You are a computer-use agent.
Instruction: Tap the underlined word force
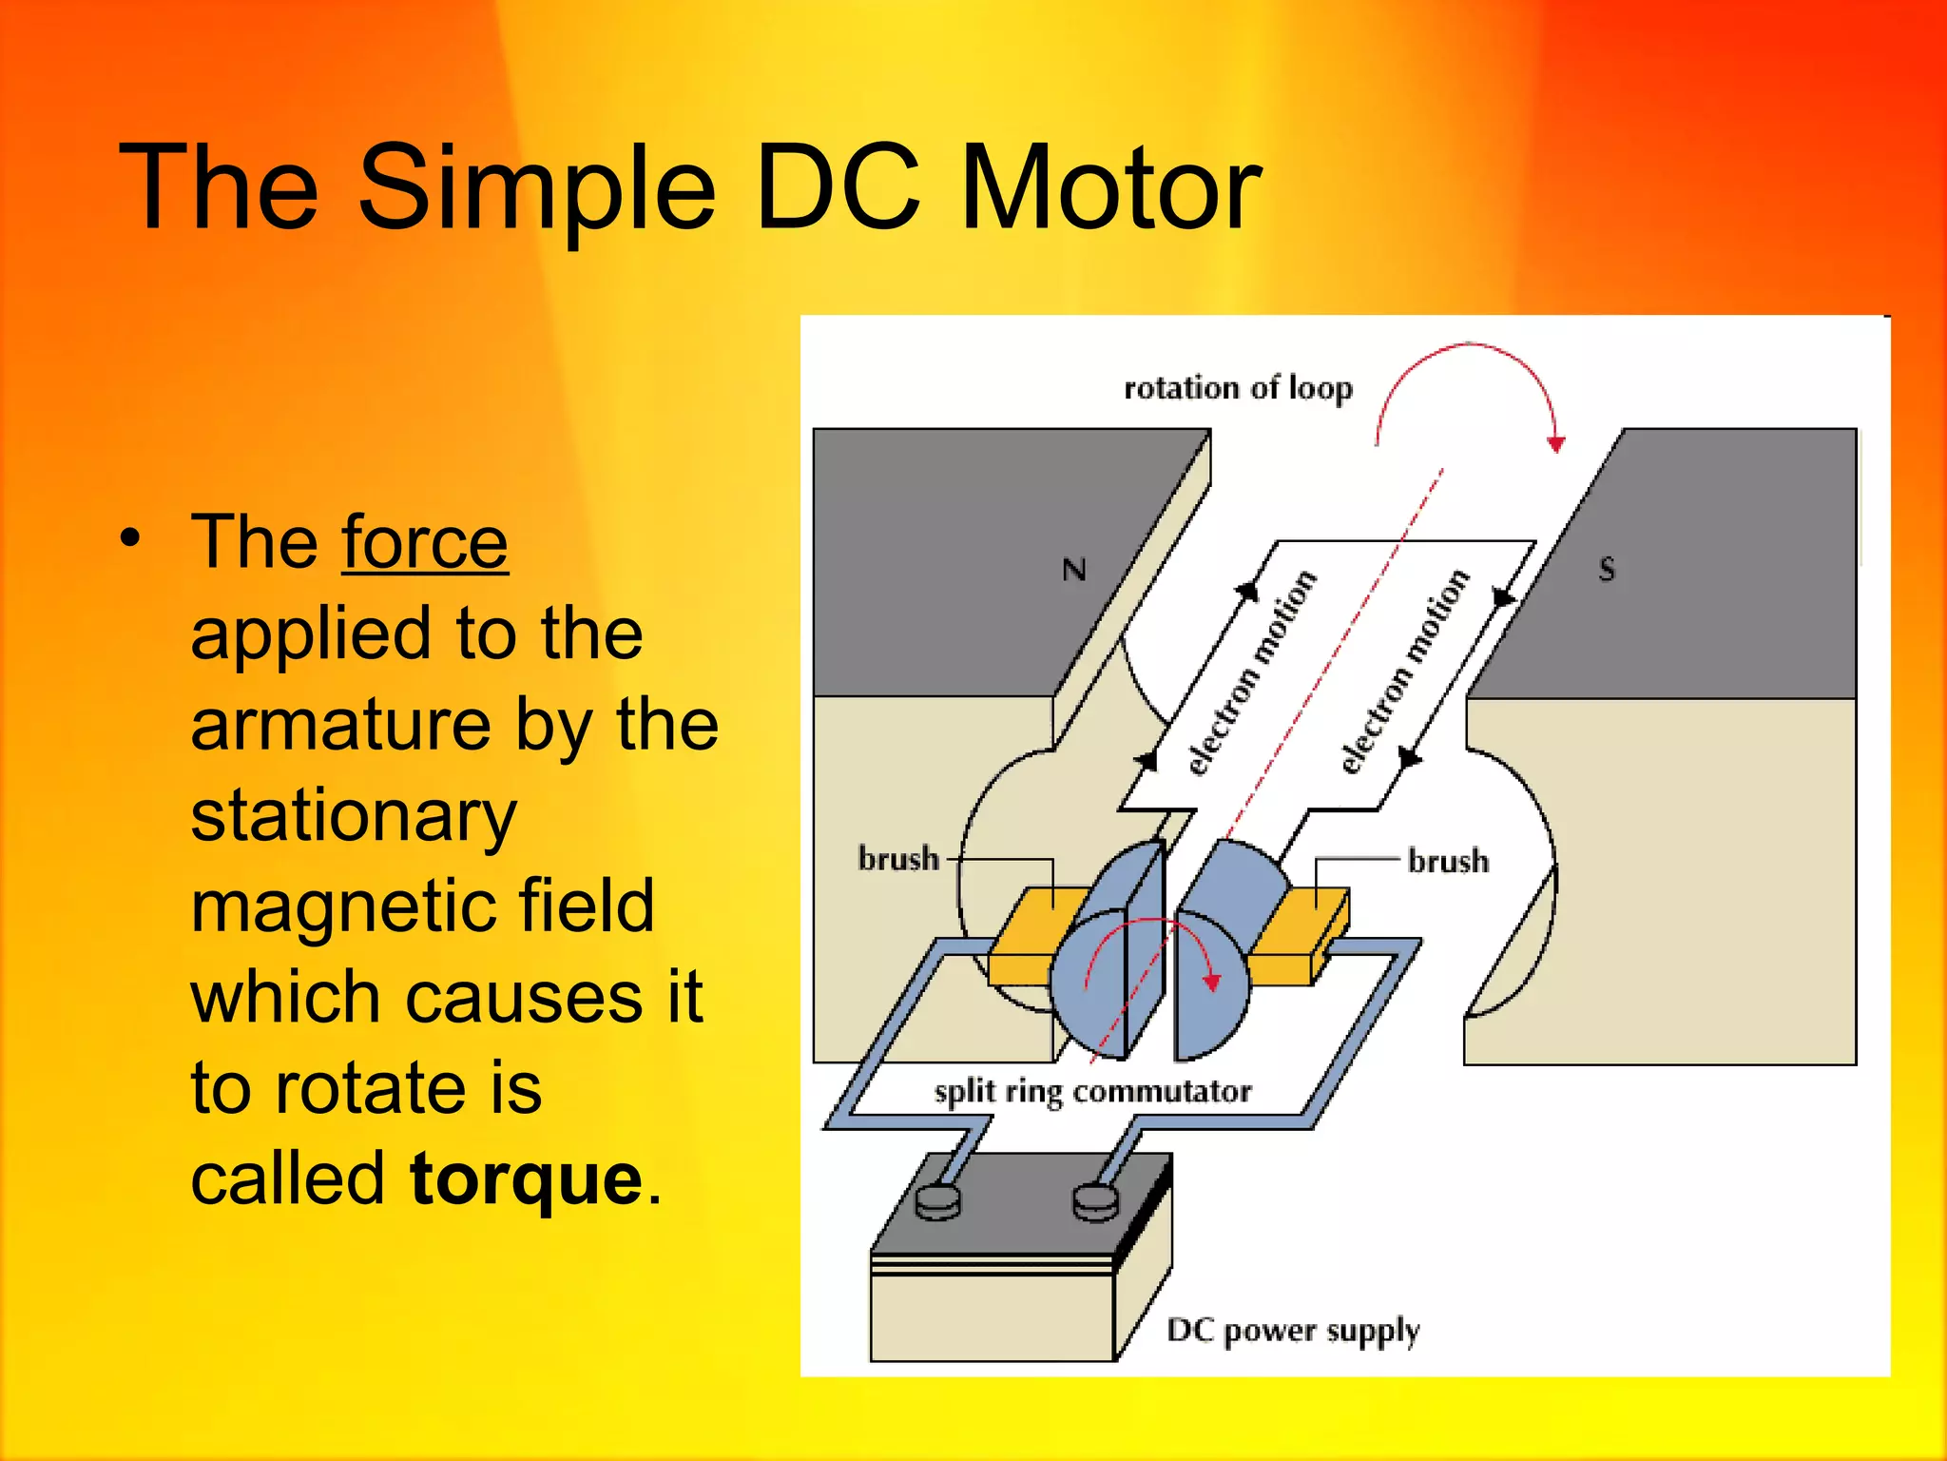[x=425, y=542]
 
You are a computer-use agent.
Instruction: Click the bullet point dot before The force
[x=130, y=538]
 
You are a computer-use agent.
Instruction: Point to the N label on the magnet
[x=1074, y=570]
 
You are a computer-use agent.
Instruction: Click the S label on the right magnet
[x=1607, y=569]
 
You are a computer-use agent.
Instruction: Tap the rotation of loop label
[x=1238, y=388]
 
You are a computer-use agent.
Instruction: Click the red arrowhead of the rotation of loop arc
[x=1556, y=443]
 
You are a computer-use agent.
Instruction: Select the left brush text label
[x=898, y=859]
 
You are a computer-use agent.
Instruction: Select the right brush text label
[x=1448, y=861]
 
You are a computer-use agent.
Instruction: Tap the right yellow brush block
[x=1302, y=937]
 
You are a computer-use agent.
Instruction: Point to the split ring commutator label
[x=1092, y=1091]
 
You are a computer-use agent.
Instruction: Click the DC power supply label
[x=1293, y=1331]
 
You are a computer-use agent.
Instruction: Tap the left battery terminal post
[x=938, y=1200]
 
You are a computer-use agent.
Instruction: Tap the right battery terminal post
[x=1096, y=1200]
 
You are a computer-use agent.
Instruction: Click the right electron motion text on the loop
[x=1405, y=672]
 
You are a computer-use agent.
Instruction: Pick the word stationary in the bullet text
[x=354, y=816]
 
